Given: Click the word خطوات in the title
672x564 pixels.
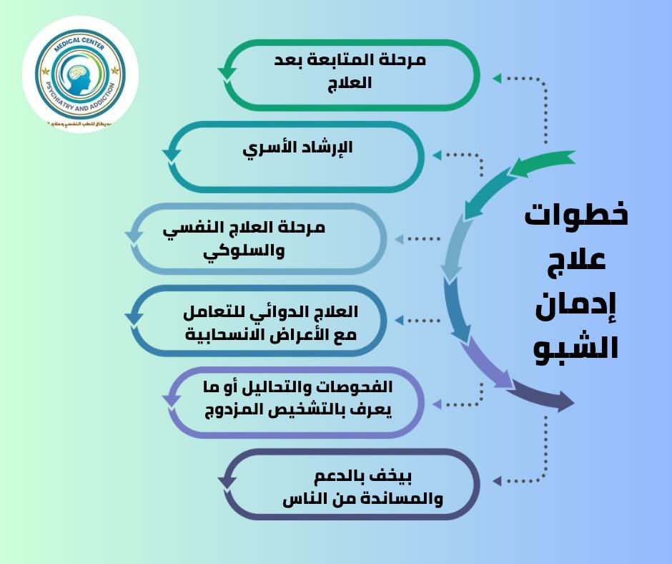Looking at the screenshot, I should click(576, 215).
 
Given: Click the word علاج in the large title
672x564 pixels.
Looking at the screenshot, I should click(576, 258).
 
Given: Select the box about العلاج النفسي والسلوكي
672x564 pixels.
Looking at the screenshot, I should click(261, 239).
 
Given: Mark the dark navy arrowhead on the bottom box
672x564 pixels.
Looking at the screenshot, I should click(227, 481).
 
